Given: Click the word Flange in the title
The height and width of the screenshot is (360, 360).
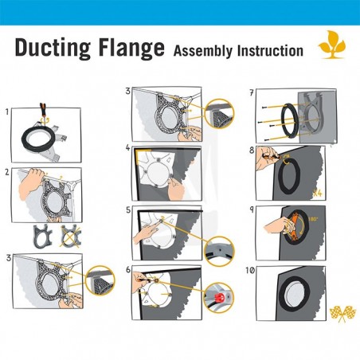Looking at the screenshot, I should [131, 47].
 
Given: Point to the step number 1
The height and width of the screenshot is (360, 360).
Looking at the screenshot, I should [7, 111].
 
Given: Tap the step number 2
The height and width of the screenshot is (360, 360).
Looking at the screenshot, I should [7, 170].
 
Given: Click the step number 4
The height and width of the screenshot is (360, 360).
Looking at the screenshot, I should [127, 148].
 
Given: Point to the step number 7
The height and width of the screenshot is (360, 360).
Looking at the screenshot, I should [252, 92].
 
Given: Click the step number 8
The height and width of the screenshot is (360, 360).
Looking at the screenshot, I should [252, 149].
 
